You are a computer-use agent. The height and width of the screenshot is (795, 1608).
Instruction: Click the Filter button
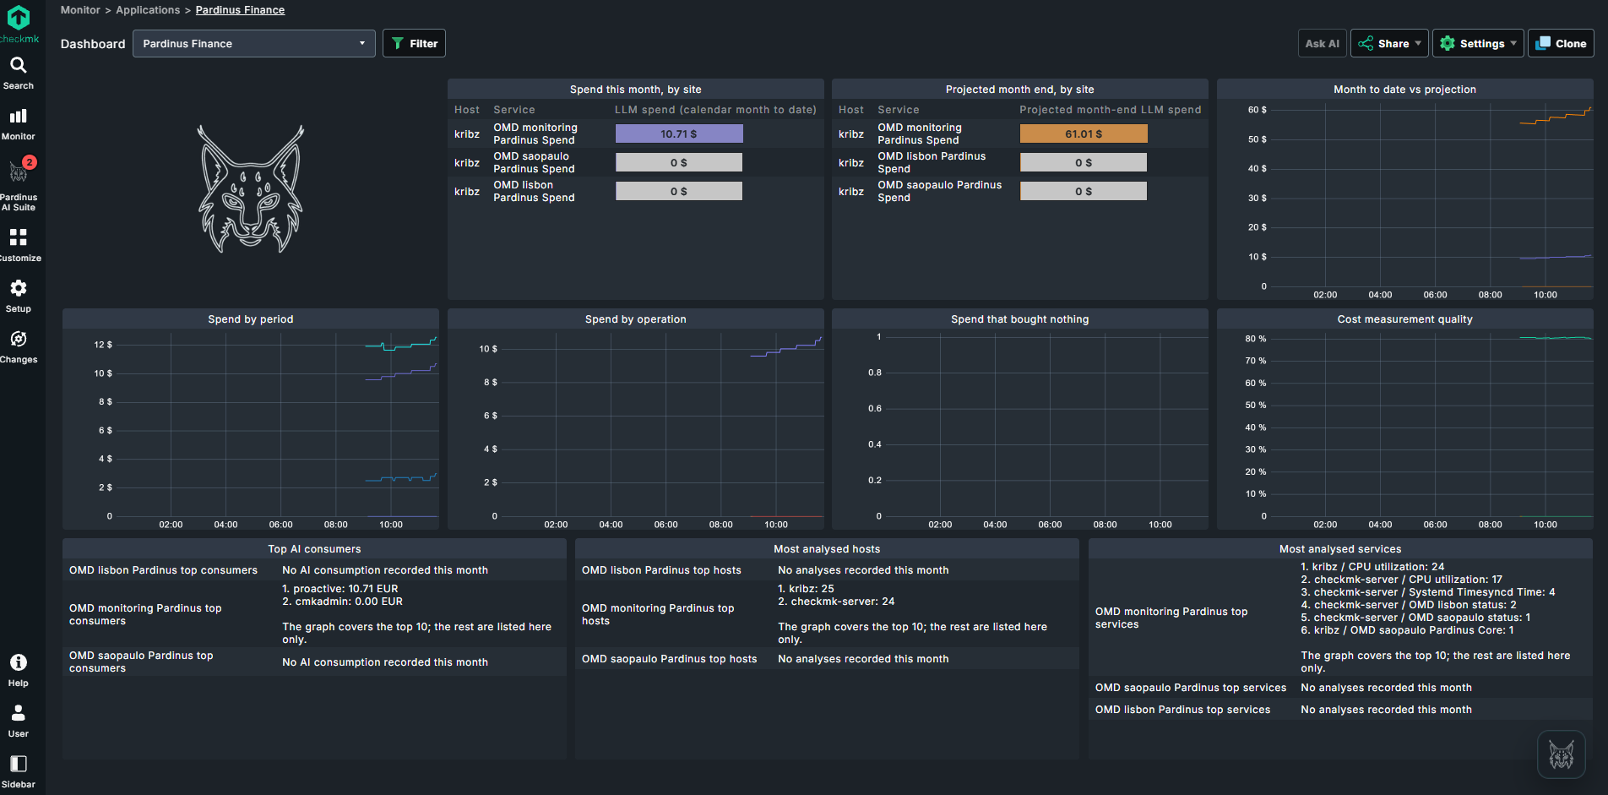point(414,44)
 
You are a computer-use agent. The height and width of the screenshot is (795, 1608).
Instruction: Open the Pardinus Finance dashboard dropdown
point(254,44)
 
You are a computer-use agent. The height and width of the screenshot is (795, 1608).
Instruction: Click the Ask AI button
point(1322,44)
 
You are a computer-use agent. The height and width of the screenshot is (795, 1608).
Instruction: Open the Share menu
point(1389,44)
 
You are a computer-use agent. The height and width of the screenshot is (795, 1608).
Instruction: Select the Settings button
point(1478,44)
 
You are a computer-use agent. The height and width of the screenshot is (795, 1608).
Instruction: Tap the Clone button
point(1561,44)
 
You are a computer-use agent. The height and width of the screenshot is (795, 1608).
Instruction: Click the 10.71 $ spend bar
point(679,133)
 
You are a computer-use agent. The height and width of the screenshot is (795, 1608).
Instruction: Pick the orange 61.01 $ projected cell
point(1084,133)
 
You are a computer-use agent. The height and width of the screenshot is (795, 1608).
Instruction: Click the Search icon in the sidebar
point(19,65)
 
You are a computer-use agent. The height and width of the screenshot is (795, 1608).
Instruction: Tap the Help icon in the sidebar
point(19,662)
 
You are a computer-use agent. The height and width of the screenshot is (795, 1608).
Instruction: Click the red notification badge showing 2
point(30,162)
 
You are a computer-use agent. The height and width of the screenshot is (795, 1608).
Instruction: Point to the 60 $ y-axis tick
point(1257,110)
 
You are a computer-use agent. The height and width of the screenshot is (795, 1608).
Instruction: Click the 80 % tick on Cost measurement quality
point(1255,339)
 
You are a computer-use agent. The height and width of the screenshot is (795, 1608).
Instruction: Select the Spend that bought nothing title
point(1019,319)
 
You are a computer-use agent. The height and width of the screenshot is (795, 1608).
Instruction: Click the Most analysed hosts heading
point(827,549)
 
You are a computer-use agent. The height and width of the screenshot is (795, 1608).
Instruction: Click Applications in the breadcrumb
point(148,10)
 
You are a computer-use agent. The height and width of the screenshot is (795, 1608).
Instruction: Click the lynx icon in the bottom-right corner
point(1561,754)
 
